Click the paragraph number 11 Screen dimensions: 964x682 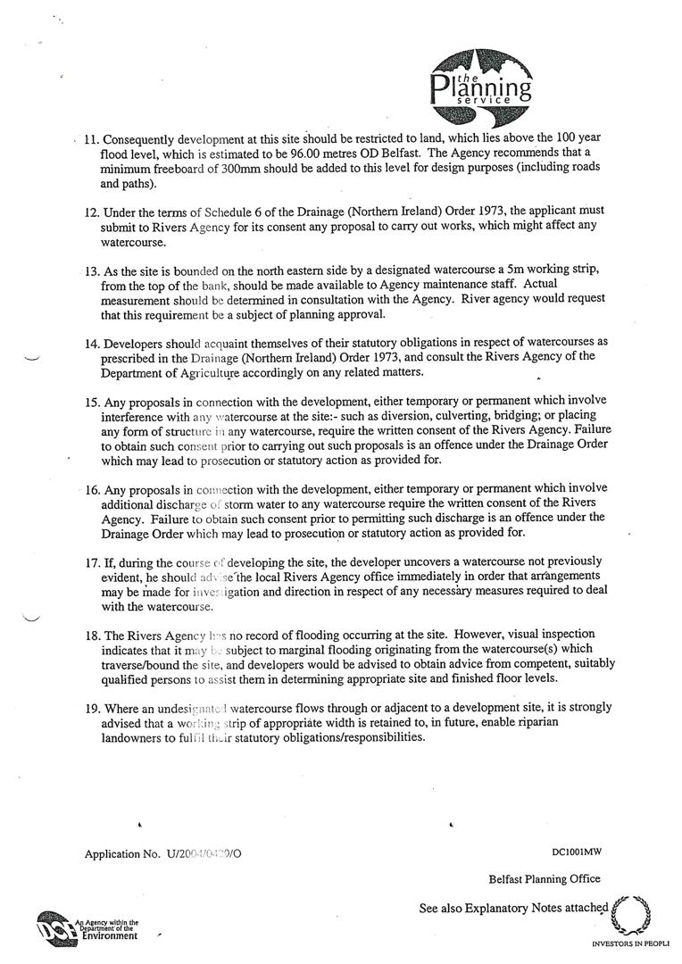coord(91,141)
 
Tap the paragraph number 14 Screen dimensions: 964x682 coord(91,344)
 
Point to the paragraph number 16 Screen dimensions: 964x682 coord(91,489)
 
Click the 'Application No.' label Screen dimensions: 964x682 coord(122,853)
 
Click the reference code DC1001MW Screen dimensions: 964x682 coord(577,852)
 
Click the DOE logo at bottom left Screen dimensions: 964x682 coord(57,929)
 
